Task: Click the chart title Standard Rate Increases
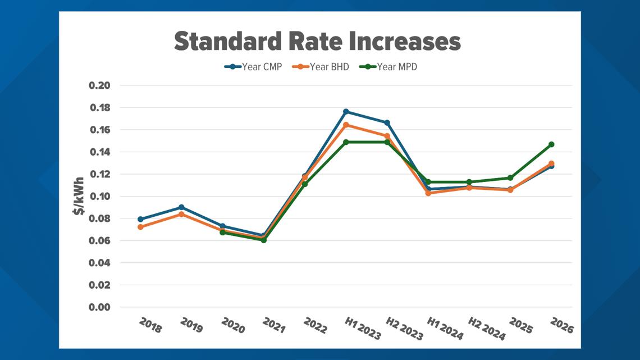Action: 317,41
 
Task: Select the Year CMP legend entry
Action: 253,67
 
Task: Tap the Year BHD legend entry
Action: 321,67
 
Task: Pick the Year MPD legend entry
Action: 388,67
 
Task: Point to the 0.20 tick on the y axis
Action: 99,85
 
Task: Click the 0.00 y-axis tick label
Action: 99,307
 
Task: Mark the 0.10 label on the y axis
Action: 99,197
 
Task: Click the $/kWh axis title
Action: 79,196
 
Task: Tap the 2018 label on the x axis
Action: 150,325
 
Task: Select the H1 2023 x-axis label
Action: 363,329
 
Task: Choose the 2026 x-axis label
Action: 561,325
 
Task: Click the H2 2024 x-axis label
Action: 487,329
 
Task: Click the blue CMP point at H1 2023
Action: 346,111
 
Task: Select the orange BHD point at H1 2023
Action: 346,125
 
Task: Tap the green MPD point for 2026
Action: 551,144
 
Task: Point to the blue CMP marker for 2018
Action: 140,219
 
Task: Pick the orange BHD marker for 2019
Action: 182,214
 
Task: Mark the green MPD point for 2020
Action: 222,233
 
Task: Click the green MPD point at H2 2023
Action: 387,142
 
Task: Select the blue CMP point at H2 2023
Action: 387,123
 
